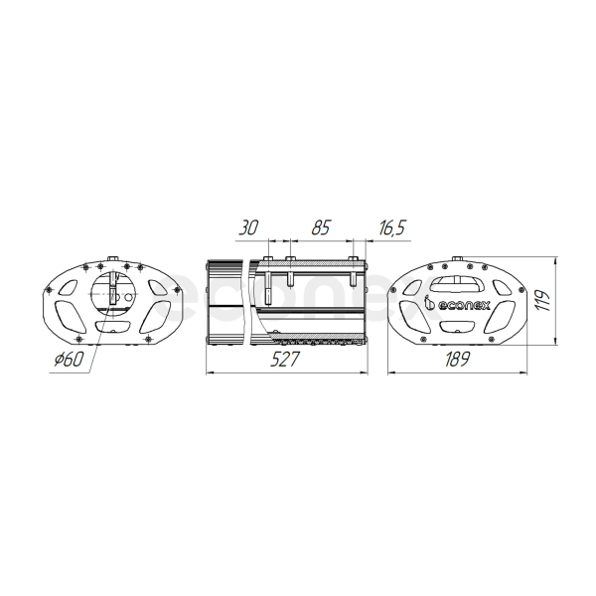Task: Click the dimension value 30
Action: [x=248, y=227]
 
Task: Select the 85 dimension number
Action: [x=321, y=227]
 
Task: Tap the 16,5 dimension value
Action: [x=392, y=228]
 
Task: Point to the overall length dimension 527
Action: [x=285, y=360]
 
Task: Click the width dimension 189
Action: [x=457, y=360]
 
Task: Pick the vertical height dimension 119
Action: [x=544, y=301]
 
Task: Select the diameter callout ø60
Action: [x=68, y=360]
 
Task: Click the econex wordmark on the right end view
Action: [x=464, y=305]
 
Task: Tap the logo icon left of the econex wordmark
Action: [x=429, y=303]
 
